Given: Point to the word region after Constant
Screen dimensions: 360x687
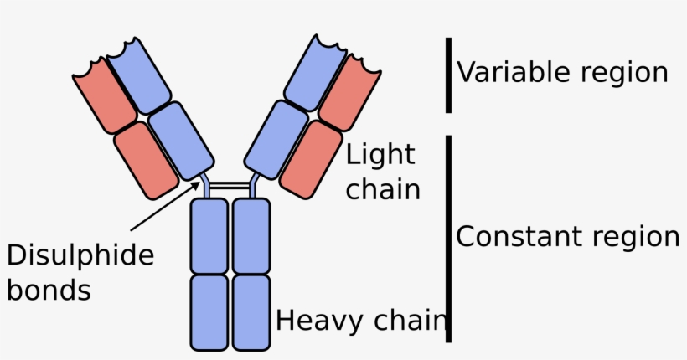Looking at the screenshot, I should click(628, 238).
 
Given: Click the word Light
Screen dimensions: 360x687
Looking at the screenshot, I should click(380, 155).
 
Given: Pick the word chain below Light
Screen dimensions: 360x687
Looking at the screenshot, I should click(383, 188).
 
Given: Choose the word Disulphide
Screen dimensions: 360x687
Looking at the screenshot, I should click(80, 255).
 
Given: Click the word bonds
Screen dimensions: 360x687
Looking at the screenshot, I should click(49, 290).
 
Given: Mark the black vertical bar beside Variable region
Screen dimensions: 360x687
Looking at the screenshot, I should click(449, 75).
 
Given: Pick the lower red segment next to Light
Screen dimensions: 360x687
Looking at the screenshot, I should click(311, 160).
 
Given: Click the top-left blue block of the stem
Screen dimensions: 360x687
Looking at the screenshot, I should click(209, 235).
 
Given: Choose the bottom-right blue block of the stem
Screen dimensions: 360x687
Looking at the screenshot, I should click(251, 311).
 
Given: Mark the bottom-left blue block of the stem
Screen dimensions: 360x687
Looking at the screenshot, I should click(209, 311).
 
